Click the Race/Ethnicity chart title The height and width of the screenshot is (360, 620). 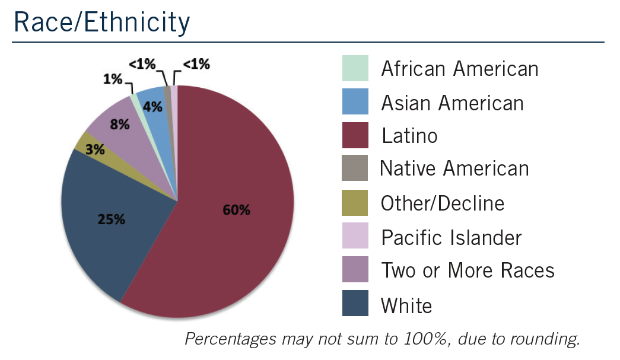pos(102,22)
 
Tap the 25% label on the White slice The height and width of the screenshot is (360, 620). pos(111,219)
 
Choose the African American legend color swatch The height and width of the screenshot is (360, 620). pos(355,69)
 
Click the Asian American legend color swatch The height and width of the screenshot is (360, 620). pos(355,102)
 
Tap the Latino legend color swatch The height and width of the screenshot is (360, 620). pos(355,136)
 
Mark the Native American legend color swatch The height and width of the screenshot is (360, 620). pos(355,169)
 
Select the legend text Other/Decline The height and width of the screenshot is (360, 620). pos(443,203)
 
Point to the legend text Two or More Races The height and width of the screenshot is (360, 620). pos(468,270)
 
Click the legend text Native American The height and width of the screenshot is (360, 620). pos(454,169)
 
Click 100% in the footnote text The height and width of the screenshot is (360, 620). pos(415,339)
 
